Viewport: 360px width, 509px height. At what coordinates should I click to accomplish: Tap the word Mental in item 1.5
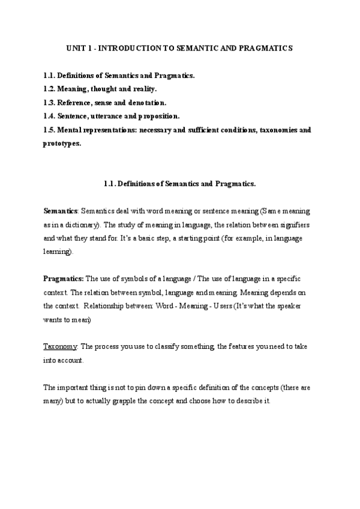[71, 130]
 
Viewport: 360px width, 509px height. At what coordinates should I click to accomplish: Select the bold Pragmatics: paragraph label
[64, 279]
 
